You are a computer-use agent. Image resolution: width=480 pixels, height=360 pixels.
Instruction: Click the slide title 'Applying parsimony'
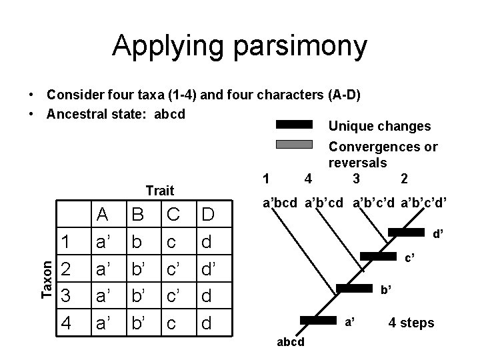(239, 46)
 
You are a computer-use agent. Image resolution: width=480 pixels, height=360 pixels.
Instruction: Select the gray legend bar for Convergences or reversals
(294, 144)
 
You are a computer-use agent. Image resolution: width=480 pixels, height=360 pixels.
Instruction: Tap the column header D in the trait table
(208, 215)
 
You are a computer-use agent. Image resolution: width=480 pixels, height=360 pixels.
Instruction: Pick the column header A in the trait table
(103, 215)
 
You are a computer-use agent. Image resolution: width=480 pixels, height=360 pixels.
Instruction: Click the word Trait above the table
(159, 191)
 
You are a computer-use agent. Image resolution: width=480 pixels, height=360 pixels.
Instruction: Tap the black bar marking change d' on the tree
(406, 232)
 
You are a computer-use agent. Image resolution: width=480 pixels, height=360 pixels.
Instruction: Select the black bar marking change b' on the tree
(354, 289)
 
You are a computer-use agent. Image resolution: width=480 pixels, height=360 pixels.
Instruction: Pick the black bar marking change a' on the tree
(319, 320)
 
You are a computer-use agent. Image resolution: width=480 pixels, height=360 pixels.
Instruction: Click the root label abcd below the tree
(290, 342)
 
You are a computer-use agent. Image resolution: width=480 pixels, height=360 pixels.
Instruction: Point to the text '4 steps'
(411, 323)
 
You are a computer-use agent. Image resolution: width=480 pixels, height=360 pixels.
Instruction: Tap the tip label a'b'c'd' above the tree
(423, 201)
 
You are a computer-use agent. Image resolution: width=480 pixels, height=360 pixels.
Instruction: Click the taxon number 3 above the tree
(357, 178)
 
